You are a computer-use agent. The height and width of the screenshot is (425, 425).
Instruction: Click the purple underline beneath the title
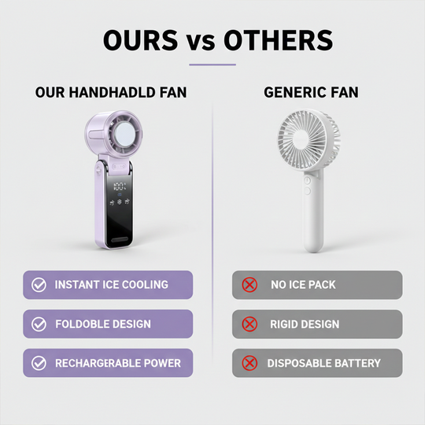pos(213,65)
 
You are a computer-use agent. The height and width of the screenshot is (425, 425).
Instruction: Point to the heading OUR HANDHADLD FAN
pos(111,93)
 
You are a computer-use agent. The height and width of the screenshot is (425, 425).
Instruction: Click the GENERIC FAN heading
pos(310,93)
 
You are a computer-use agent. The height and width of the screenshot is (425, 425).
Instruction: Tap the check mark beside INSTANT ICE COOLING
pos(37,285)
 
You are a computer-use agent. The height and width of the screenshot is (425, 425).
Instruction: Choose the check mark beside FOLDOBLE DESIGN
pos(37,323)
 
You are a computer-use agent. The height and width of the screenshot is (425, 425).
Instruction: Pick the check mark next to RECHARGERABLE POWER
pos(37,363)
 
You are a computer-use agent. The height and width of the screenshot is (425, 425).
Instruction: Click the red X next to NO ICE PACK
pos(249,285)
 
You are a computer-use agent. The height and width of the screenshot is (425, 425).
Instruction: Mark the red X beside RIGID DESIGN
pos(249,323)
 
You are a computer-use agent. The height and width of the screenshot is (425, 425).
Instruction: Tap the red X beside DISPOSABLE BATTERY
pos(249,363)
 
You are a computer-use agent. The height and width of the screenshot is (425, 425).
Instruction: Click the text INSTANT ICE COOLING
pos(111,285)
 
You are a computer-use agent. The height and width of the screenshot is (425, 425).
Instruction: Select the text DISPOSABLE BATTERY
pos(323,363)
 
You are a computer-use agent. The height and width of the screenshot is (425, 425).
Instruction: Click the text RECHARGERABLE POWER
pos(117,363)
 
